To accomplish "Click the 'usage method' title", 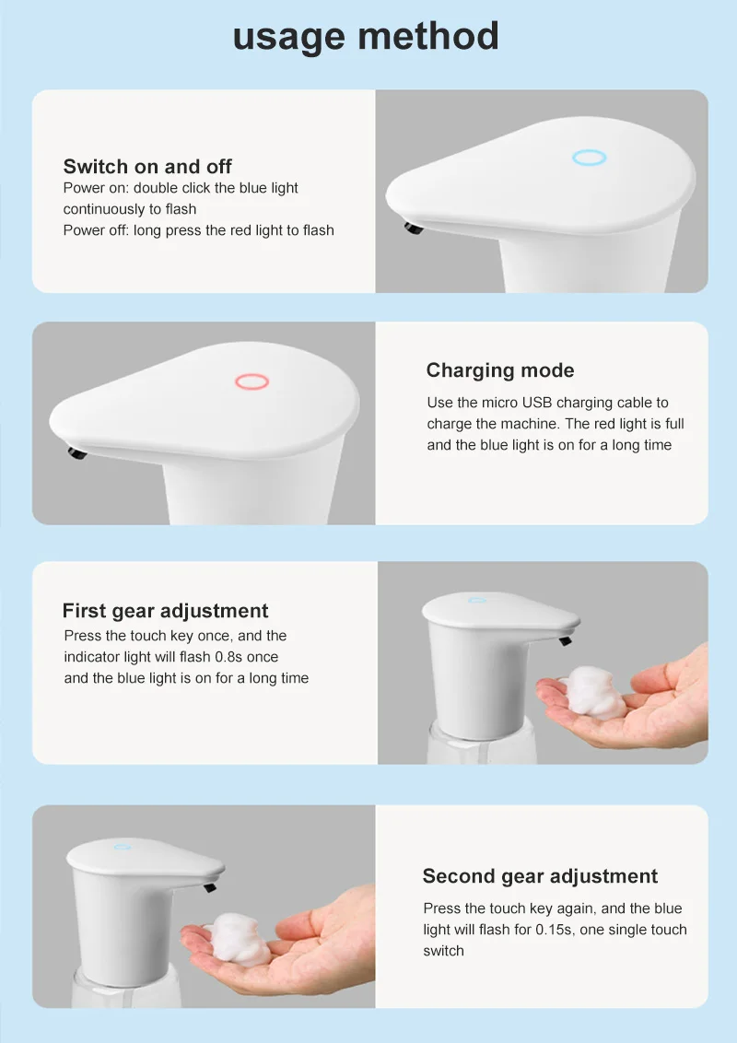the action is coord(366,37).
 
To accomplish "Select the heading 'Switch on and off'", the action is coord(147,166).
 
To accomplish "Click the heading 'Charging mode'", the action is coord(500,370).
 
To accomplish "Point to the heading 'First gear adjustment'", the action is coord(165,611).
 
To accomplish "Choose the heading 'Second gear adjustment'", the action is coord(540,876).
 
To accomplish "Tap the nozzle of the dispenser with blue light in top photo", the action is coord(414,229).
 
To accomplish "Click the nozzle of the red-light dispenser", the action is coord(77,453).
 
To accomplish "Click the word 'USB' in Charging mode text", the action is coord(537,403).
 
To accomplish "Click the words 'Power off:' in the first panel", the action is coord(96,230).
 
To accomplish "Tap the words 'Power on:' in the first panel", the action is coord(96,188).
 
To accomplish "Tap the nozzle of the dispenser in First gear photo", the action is coord(566,640).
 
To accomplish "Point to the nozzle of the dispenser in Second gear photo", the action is coord(210,886).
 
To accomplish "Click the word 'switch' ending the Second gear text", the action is coord(444,951).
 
